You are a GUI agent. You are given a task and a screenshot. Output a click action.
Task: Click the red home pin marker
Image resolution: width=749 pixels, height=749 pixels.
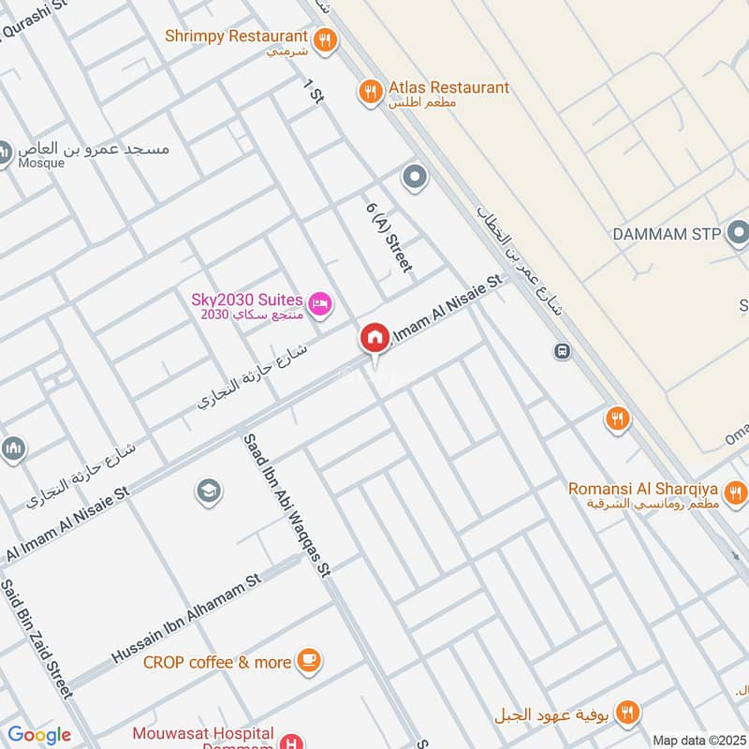pyautogui.click(x=374, y=338)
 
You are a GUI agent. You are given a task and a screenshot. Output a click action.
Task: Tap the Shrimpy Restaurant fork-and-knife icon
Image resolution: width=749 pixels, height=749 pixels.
pyautogui.click(x=325, y=38)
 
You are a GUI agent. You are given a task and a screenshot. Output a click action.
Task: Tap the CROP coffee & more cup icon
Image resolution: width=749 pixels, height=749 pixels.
pyautogui.click(x=308, y=661)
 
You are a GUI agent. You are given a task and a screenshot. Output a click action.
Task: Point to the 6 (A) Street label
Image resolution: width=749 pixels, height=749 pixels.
pyautogui.click(x=389, y=238)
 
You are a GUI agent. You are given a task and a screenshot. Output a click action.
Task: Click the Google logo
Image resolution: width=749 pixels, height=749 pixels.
pyautogui.click(x=39, y=735)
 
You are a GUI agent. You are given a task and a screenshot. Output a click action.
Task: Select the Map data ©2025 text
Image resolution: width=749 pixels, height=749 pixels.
pyautogui.click(x=698, y=740)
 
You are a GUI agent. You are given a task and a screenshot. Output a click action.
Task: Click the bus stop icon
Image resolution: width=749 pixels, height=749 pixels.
pyautogui.click(x=562, y=351)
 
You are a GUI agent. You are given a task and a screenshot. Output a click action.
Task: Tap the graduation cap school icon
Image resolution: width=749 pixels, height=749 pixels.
pyautogui.click(x=208, y=490)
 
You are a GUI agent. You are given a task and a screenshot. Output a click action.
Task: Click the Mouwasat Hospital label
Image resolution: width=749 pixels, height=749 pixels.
pyautogui.click(x=202, y=733)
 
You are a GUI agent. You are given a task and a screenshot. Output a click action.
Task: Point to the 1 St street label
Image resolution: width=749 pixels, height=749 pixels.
pyautogui.click(x=313, y=92)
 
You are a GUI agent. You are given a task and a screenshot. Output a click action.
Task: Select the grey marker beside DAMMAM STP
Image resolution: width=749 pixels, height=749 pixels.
pyautogui.click(x=739, y=230)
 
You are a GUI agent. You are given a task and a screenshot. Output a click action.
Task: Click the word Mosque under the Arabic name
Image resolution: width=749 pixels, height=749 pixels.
pyautogui.click(x=41, y=163)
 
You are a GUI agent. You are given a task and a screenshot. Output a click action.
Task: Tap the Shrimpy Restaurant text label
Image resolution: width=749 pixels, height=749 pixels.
pyautogui.click(x=236, y=36)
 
